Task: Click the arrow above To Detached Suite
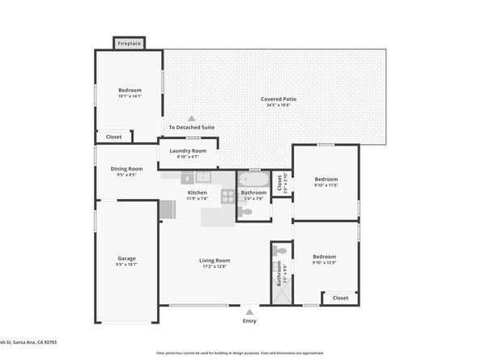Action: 192,118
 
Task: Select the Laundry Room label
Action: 187,150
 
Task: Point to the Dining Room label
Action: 126,168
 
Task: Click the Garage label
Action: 126,258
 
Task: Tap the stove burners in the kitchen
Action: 228,194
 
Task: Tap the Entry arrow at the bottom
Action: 249,311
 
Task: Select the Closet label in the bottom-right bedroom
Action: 340,298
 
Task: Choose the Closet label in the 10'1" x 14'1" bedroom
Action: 114,137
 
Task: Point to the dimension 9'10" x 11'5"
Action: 326,185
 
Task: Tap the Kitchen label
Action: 198,193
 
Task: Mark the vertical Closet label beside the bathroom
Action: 279,185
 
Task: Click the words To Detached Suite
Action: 192,128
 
